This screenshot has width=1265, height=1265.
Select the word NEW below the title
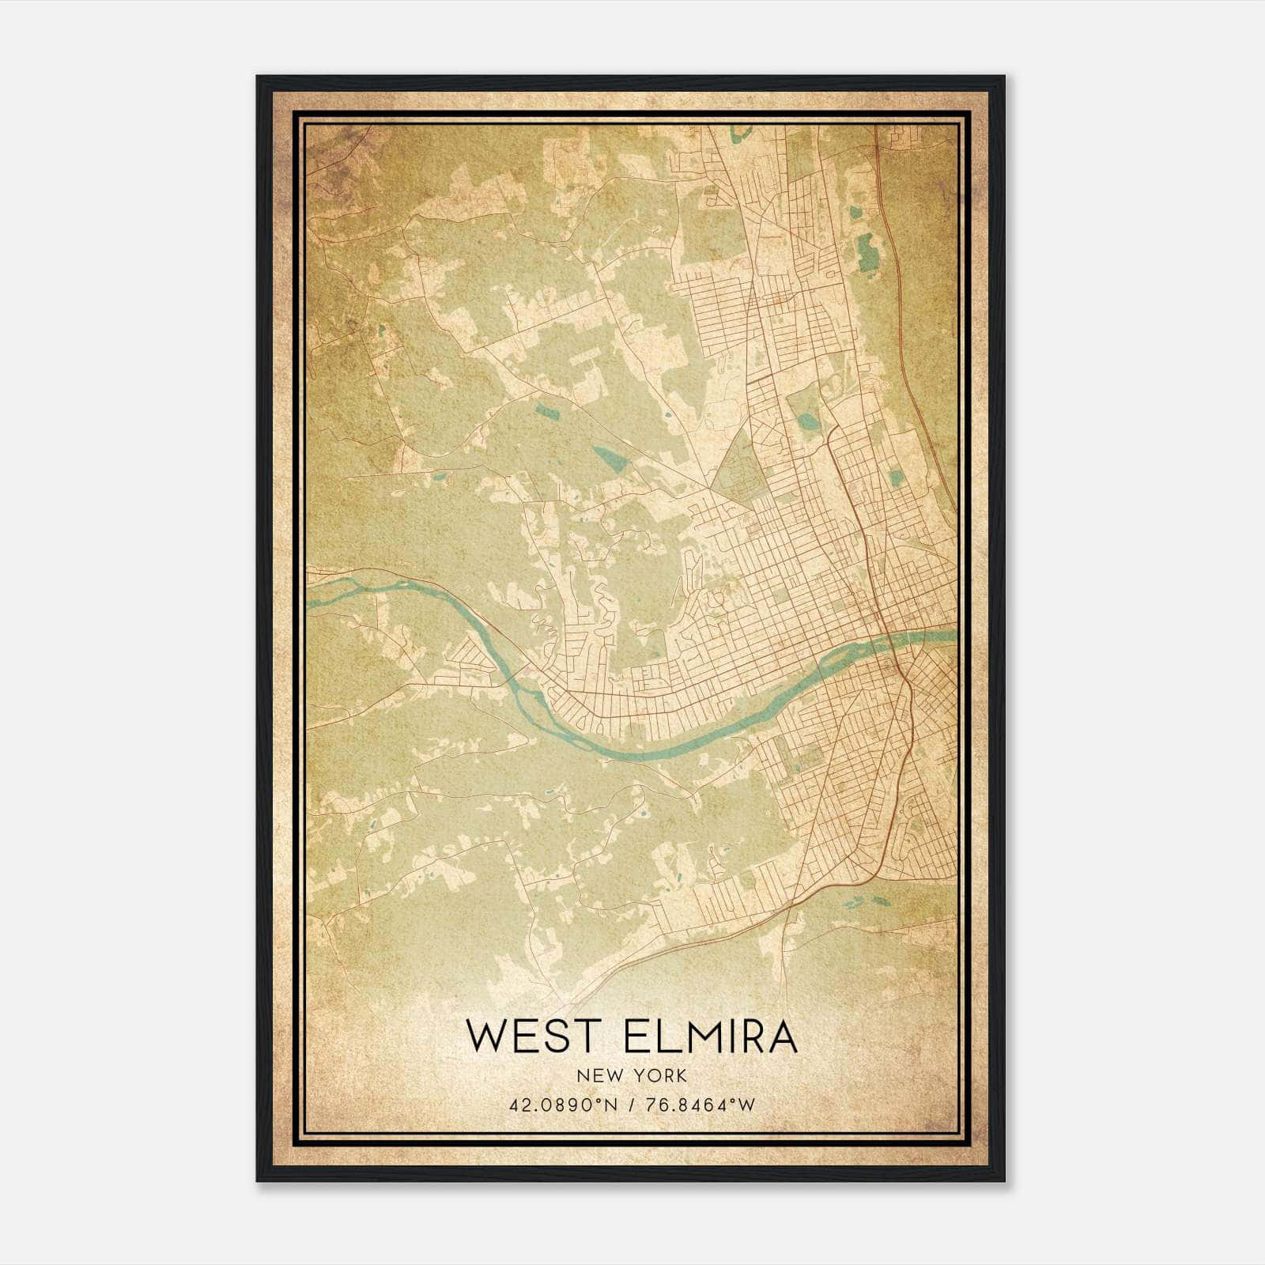click(x=595, y=1075)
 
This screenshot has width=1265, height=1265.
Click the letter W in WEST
click(x=485, y=1037)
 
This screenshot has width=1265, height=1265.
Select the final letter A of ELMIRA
click(x=782, y=1037)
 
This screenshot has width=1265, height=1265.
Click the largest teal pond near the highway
click(x=867, y=249)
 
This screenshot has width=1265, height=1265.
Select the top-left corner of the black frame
click(x=258, y=77)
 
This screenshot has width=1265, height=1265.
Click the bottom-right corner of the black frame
click(x=1003, y=1180)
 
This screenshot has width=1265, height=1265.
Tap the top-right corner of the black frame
click(x=1003, y=77)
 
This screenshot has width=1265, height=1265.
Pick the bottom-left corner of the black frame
click(x=258, y=1180)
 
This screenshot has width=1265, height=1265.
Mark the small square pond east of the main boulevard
click(x=896, y=478)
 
